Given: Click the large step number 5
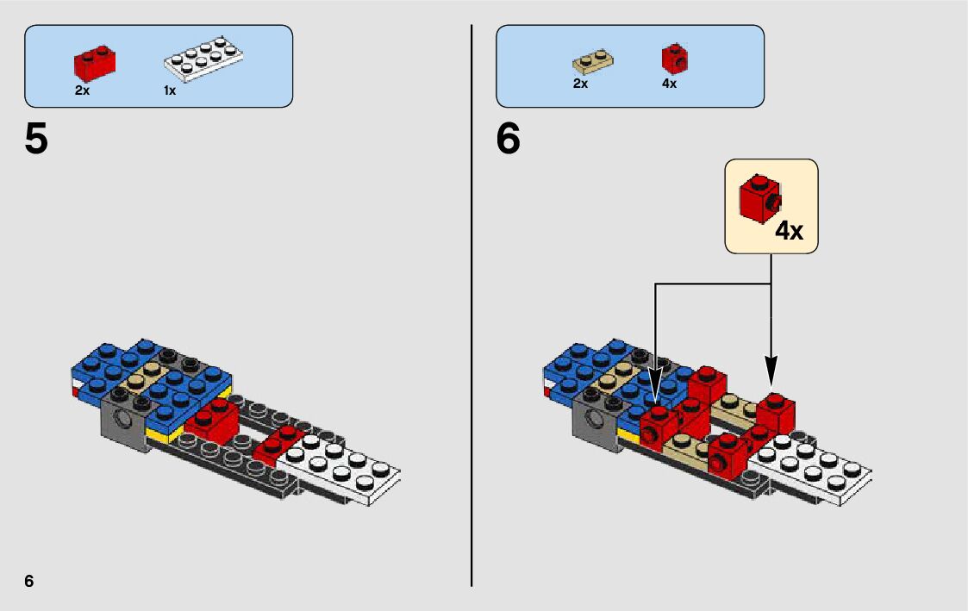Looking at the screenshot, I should coord(36,140).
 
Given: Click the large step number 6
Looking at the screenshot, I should coord(509,140).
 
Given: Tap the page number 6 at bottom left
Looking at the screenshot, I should coord(29,581).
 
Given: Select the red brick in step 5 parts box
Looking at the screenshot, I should coord(95,62).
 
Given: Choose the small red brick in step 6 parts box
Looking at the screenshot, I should coord(674,59).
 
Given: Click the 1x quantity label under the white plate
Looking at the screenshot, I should coord(170,90).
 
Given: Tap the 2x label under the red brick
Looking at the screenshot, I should coord(82,90).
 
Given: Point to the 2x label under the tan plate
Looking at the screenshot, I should coord(580,84).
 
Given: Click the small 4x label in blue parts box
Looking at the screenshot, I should coord(669,84).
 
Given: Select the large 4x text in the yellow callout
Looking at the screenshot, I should coord(789,231).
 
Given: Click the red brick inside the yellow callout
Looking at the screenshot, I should coord(759,199).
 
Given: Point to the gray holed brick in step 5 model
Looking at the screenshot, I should coord(123,420).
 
